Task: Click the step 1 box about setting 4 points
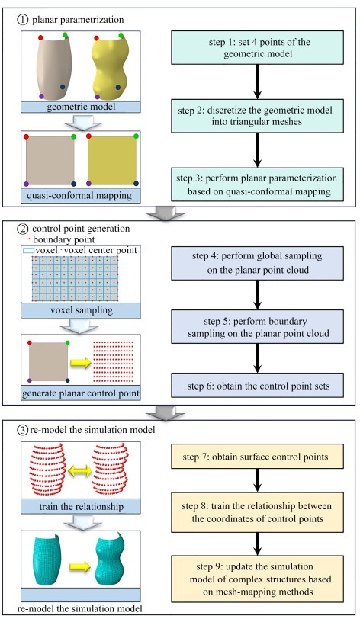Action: tap(257, 48)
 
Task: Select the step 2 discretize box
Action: tap(257, 116)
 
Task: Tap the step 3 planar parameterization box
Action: tap(257, 184)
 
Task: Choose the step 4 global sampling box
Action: tap(257, 263)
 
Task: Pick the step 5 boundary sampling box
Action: tap(257, 327)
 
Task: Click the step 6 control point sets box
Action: tap(257, 385)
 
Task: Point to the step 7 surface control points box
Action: tap(257, 457)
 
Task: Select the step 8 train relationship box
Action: tap(257, 512)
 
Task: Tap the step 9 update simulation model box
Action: tap(257, 579)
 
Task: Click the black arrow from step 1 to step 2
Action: tap(257, 82)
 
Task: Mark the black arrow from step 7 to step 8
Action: tap(257, 480)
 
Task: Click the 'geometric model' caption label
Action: tap(81, 107)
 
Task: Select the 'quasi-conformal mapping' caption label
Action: tap(81, 196)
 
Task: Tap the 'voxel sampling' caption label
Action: tap(81, 310)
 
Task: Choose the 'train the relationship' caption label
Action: tap(81, 506)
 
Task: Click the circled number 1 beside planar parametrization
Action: tap(23, 19)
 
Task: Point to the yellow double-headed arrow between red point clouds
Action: tap(79, 470)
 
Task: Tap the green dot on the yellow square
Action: tap(136, 136)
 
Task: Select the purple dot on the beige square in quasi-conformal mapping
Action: tap(26, 184)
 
